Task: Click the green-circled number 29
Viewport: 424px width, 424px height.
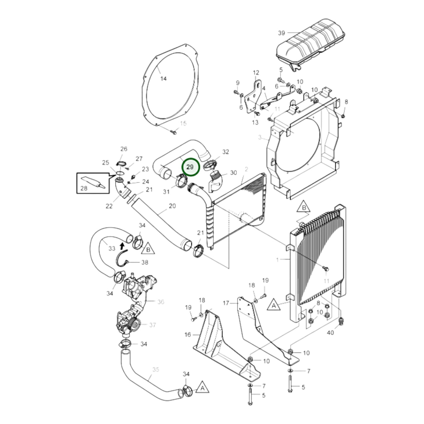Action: [190, 167]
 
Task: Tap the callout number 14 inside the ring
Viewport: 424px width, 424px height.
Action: [163, 79]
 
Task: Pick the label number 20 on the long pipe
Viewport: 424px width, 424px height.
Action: [172, 206]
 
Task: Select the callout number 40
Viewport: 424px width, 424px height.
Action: [330, 333]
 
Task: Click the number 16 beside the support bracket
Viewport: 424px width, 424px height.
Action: [188, 335]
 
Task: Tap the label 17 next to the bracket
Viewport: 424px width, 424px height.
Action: [226, 303]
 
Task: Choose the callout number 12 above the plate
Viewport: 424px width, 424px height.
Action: [256, 72]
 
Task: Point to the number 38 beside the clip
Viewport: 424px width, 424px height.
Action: [145, 262]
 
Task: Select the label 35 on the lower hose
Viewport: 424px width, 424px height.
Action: [156, 370]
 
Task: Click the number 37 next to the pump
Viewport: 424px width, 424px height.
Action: [153, 325]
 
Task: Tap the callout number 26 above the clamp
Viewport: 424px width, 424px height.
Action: [124, 149]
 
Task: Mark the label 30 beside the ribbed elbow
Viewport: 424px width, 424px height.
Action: [233, 173]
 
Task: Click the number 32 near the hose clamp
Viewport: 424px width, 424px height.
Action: [225, 152]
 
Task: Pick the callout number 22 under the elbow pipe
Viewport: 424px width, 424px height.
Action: [109, 206]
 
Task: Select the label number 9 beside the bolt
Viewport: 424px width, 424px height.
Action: [238, 83]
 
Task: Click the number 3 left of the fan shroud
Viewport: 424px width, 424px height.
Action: [259, 137]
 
